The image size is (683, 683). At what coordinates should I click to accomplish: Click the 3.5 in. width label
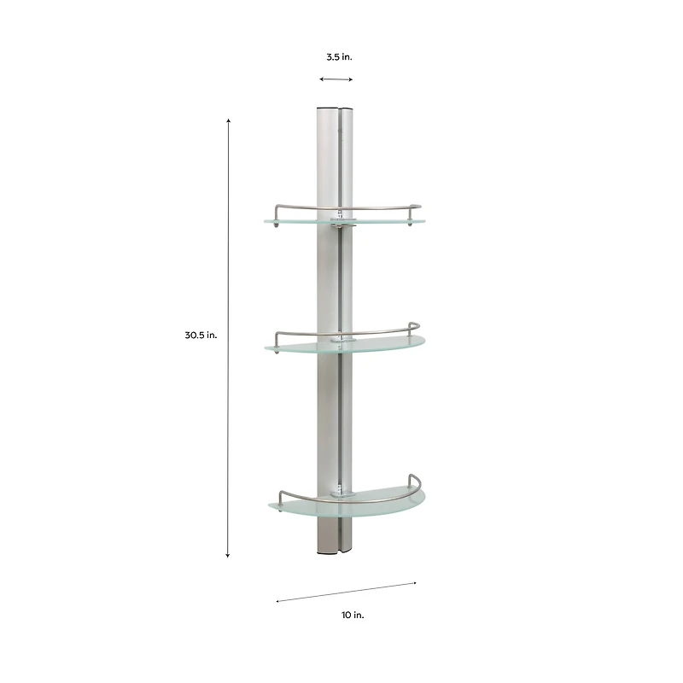339,57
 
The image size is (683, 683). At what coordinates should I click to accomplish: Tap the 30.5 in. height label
201,336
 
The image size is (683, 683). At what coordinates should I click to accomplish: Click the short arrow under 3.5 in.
336,79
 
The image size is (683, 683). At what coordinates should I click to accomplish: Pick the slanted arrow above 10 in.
346,593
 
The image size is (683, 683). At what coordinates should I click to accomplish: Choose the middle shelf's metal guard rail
376,330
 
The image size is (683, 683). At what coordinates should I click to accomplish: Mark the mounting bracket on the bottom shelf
342,492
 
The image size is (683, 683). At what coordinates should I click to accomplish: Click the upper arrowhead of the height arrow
228,121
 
